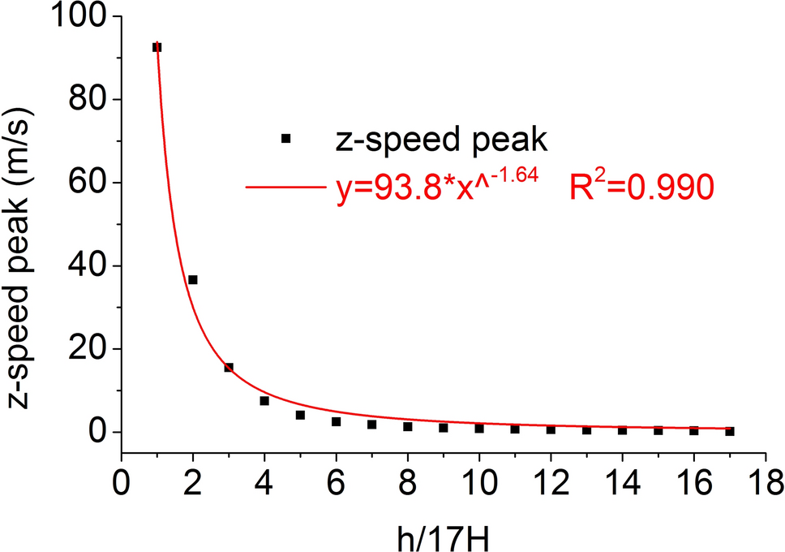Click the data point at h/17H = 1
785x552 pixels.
[157, 47]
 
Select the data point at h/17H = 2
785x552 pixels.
[193, 280]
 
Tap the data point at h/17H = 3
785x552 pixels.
[229, 368]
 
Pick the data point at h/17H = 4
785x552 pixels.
[264, 401]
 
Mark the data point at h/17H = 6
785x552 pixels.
[336, 421]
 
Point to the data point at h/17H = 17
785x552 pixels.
[730, 431]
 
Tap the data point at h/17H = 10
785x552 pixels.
[479, 428]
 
